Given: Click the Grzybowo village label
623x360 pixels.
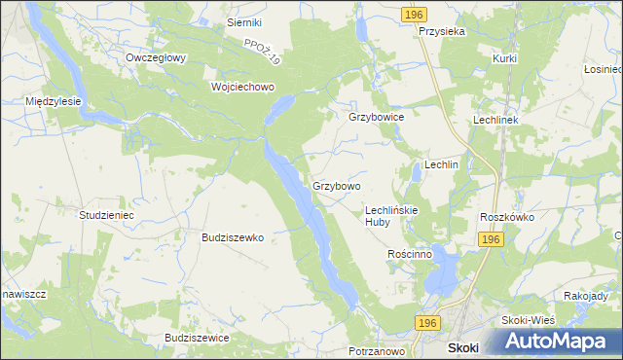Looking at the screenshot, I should coord(337,185).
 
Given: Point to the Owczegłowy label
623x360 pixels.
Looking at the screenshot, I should coord(156,57).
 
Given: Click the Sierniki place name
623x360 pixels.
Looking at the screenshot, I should coord(244,21).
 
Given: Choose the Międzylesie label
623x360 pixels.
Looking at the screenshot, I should coord(53,100).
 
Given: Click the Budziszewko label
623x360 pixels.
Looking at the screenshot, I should coord(233,236).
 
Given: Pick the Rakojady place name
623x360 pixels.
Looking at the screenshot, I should coord(593,296).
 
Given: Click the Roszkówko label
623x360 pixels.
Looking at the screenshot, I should coord(507,217).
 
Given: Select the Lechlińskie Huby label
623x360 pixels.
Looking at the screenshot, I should coord(390,215).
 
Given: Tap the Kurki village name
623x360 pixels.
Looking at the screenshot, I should coord(504,58).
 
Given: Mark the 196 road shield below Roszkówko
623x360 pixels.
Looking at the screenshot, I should coord(490,239).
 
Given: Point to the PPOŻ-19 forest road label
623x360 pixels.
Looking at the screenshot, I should coord(262,52).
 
